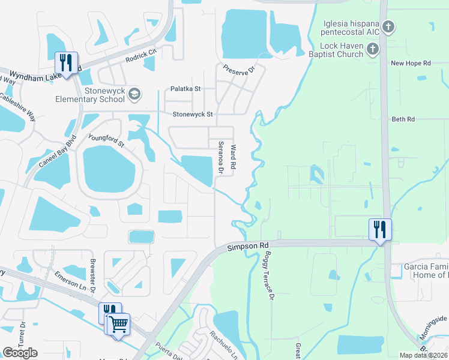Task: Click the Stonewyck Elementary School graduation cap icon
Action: coord(135,93)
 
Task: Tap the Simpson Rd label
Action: coord(247,247)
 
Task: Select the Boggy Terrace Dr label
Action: coord(266,280)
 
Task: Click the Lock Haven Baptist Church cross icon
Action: coord(373,48)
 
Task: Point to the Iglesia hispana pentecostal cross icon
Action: coord(389,26)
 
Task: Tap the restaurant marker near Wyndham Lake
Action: coord(66,62)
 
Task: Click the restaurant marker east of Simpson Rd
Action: coord(380,229)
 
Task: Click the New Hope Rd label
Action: coord(411,63)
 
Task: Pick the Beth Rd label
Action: coord(403,119)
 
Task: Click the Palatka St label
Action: coord(185,89)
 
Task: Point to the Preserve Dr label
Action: coord(239,69)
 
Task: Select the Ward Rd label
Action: coord(234,155)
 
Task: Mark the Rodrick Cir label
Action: coord(141,56)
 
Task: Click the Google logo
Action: coord(20,352)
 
